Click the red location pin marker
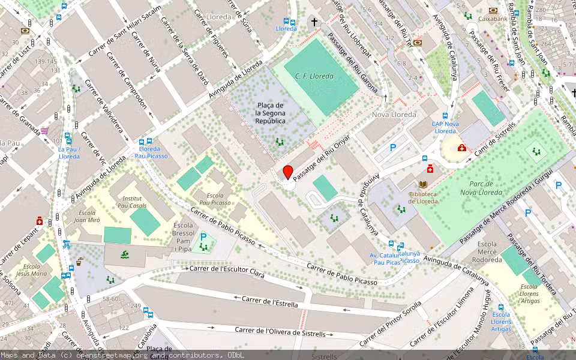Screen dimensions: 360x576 point(288,172)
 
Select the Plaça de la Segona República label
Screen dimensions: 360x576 point(270,113)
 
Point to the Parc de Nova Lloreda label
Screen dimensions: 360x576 point(481,188)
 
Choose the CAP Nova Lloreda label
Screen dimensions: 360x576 point(445,127)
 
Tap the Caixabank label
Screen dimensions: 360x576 point(493,19)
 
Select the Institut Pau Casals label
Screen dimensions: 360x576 point(132,202)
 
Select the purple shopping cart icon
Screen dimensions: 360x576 point(45,131)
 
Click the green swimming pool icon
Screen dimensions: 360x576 point(124,256)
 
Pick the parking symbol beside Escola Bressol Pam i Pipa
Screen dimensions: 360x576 point(203,238)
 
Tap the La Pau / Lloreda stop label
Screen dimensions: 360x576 point(69,152)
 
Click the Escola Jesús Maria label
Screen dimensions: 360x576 point(31,269)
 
